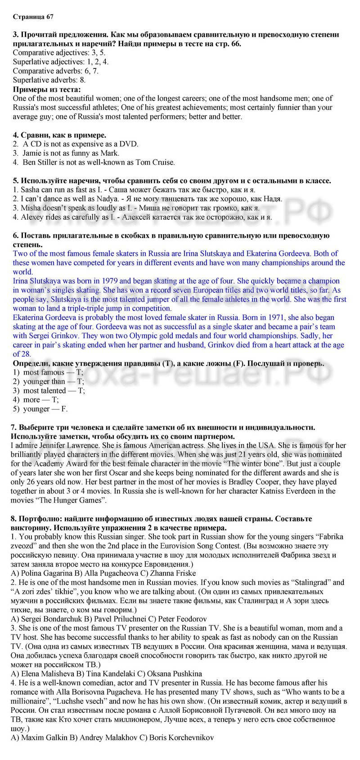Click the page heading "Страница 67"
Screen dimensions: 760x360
[x=33, y=17]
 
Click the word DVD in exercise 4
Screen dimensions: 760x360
[x=130, y=144]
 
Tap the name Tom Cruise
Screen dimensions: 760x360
[x=156, y=162]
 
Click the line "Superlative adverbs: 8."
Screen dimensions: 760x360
[x=49, y=80]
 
